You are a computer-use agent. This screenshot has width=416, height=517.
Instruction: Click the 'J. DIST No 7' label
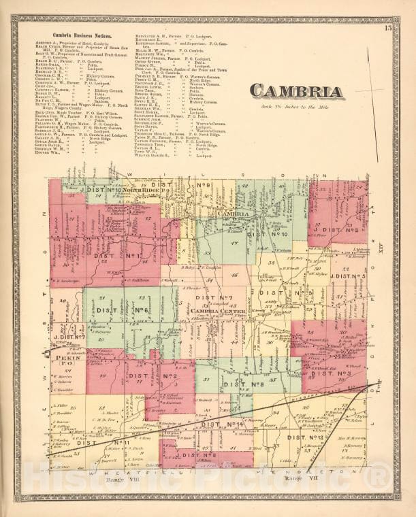tap(69, 336)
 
